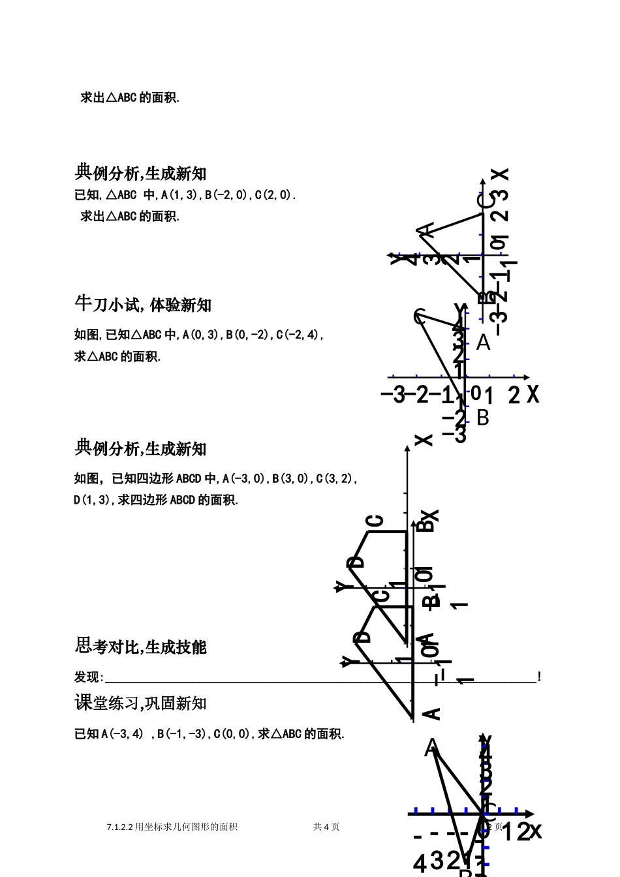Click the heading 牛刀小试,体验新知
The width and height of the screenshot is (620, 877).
coord(143,305)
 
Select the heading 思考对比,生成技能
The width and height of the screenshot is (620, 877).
coord(140,647)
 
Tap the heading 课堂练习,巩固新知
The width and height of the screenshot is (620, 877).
coord(140,703)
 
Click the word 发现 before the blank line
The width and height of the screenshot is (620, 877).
coord(87,677)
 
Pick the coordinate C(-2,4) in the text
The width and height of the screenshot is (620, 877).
coord(298,335)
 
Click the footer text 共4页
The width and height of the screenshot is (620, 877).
coord(326,827)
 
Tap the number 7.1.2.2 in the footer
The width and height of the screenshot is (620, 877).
coord(119,827)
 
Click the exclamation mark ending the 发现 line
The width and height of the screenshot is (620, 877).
coord(539,677)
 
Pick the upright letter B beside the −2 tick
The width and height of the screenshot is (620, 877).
coord(482,417)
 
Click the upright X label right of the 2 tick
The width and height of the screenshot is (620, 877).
coord(533,394)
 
